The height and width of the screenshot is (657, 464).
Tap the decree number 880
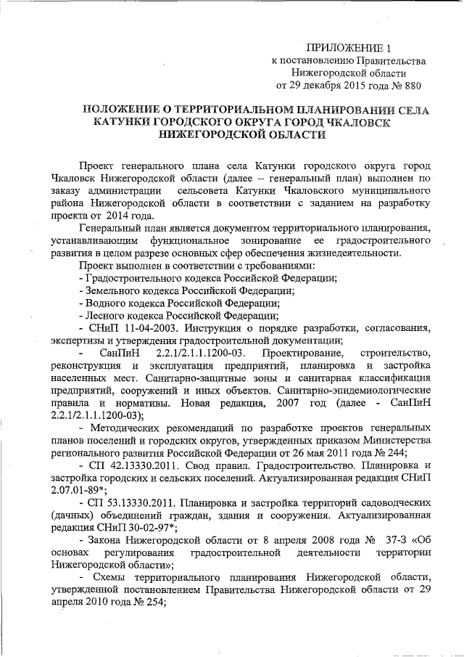[410, 86]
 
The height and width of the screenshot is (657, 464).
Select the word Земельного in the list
[113, 289]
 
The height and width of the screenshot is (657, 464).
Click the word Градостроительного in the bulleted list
[136, 277]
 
